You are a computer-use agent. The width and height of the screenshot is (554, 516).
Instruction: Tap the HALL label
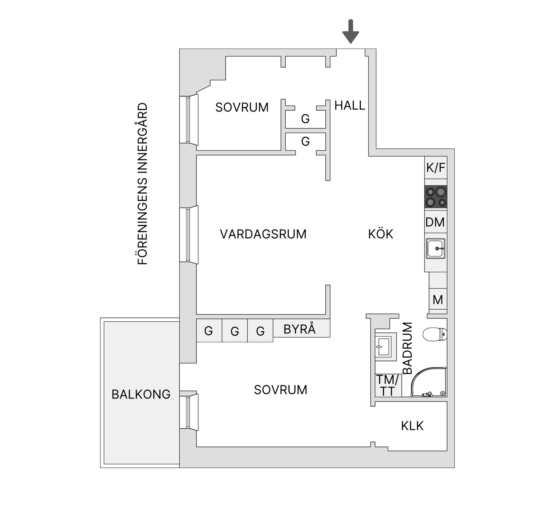click(350, 106)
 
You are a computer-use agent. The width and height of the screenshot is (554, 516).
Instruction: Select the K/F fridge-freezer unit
click(436, 168)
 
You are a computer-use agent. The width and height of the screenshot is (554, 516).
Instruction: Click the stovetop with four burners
click(436, 197)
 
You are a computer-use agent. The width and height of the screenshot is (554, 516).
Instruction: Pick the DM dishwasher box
click(435, 222)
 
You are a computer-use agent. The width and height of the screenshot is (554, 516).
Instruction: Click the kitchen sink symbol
click(436, 248)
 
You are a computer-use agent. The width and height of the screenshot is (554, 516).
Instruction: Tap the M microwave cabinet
click(438, 300)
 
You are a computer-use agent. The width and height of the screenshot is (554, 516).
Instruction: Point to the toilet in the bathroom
click(435, 334)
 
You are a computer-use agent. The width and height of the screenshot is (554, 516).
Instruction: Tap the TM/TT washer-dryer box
click(388, 385)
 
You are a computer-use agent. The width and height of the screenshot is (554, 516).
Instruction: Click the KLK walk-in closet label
click(412, 426)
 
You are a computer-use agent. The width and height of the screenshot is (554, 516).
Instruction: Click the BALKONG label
click(141, 394)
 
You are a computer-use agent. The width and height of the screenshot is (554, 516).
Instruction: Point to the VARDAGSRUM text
click(263, 234)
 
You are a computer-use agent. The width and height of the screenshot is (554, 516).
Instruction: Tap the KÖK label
click(381, 234)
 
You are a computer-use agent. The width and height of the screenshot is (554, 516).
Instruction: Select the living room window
click(188, 235)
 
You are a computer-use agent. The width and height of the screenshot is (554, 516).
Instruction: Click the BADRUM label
click(407, 348)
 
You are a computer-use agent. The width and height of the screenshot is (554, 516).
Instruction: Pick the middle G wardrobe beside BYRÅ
click(235, 331)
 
